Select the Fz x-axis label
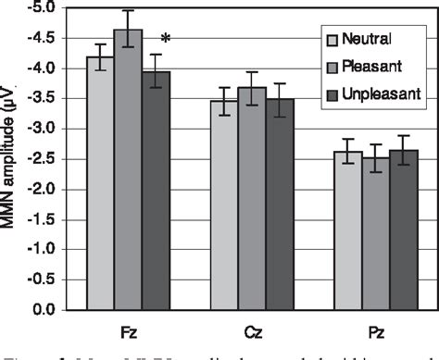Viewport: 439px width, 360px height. (x=128, y=330)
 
